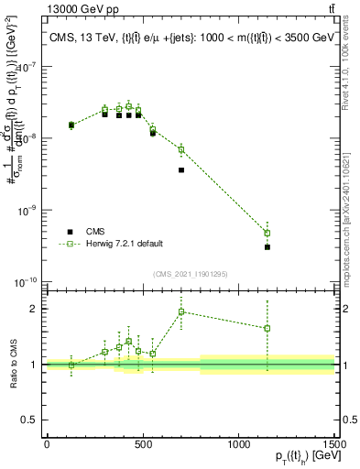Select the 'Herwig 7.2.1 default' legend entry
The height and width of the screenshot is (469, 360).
[x=124, y=244]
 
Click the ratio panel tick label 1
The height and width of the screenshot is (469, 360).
[x=35, y=365]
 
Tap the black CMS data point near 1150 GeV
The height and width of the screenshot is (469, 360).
[x=267, y=247]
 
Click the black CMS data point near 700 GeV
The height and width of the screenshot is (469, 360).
[x=181, y=169]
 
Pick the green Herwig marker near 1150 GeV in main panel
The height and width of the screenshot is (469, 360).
[x=267, y=233]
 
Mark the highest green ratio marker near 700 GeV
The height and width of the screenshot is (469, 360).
[x=181, y=312]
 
